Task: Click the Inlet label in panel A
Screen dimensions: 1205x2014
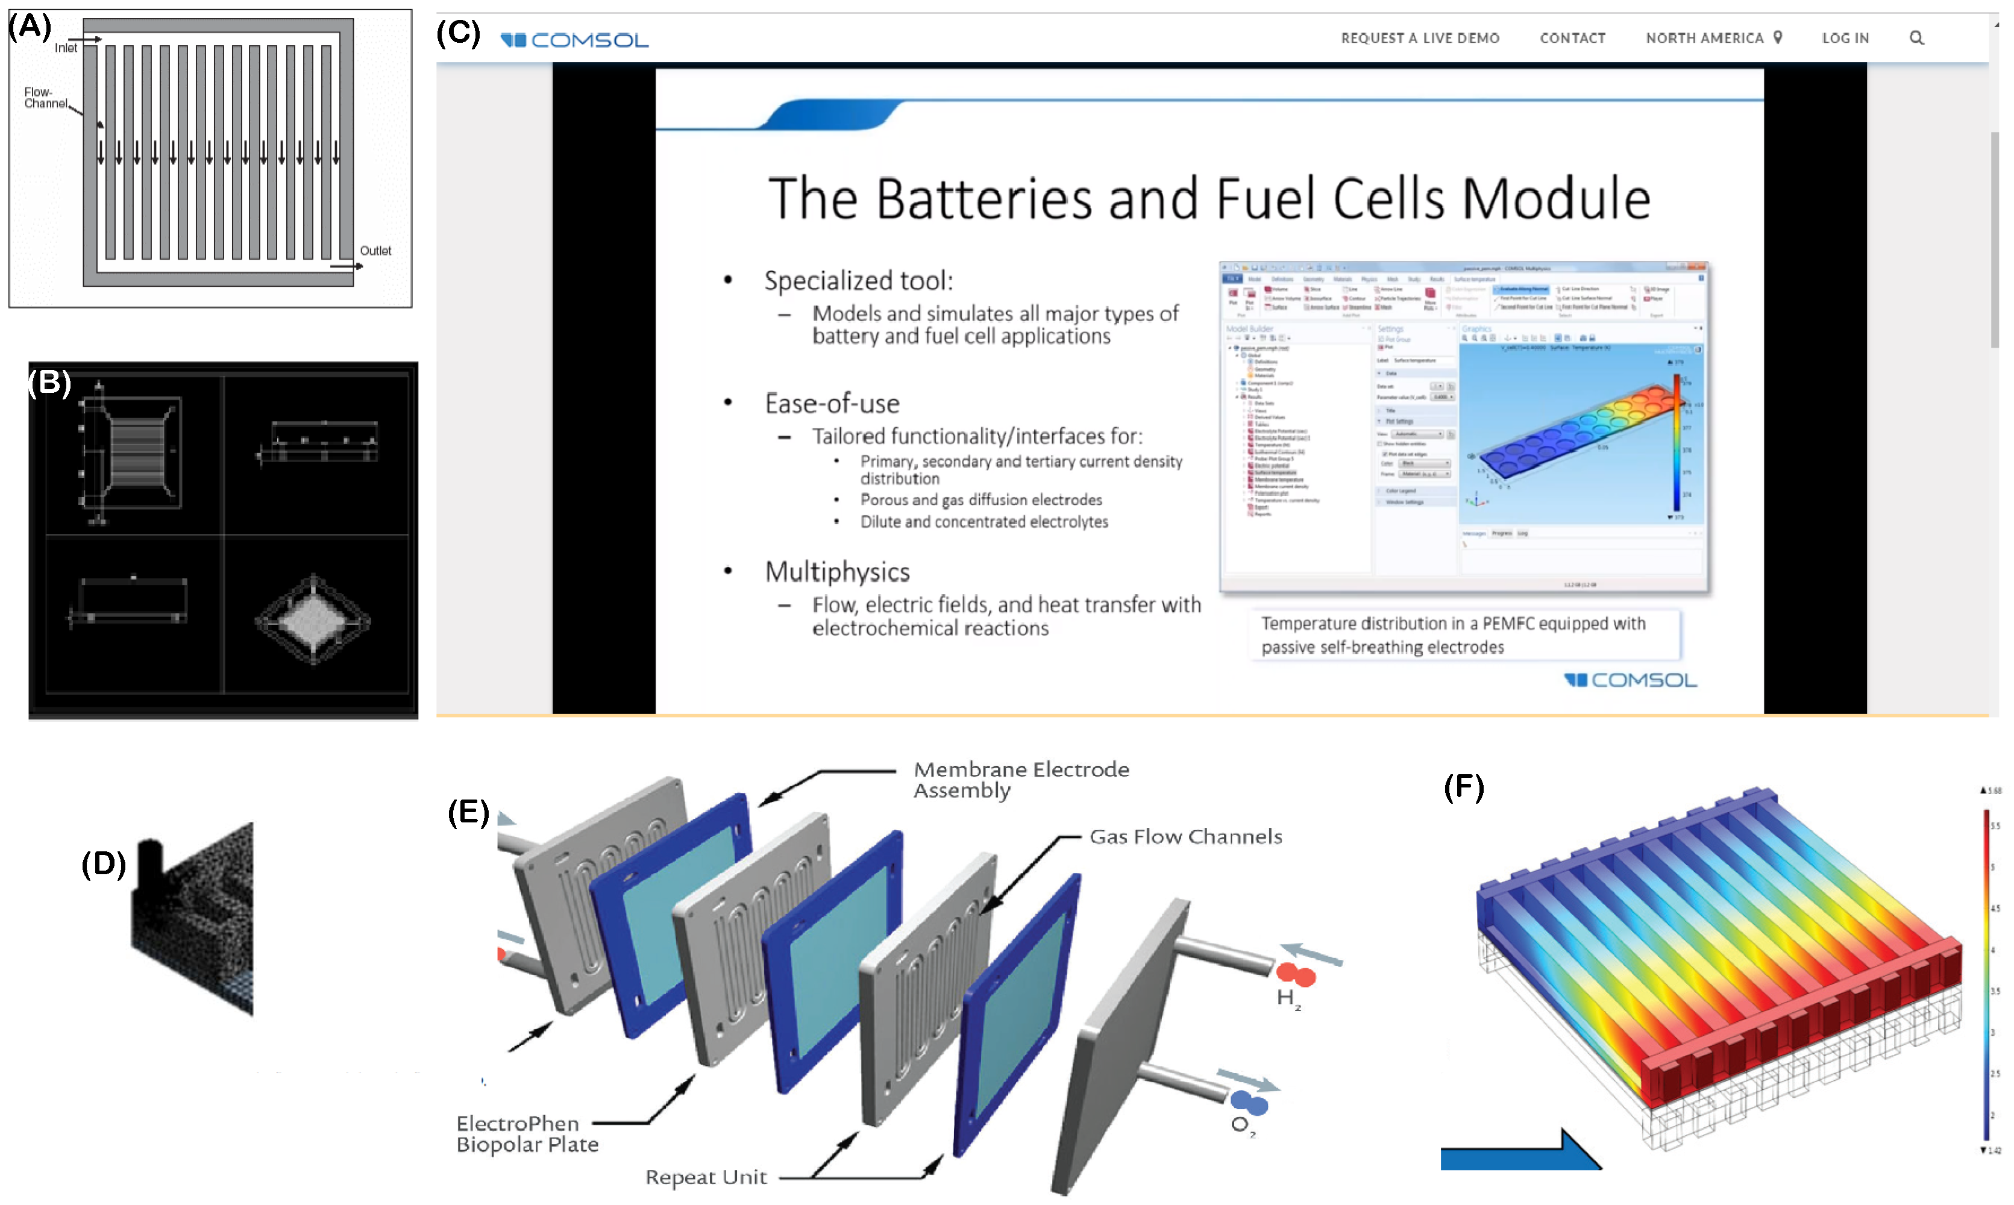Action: point(66,48)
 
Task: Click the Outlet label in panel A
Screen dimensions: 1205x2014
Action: point(375,251)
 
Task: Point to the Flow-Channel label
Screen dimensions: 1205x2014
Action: point(45,98)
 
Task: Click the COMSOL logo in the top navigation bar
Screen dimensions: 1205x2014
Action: point(574,40)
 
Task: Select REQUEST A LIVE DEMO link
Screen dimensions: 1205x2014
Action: point(1420,38)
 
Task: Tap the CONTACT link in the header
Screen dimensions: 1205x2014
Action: point(1572,38)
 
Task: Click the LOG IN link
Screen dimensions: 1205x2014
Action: point(1845,38)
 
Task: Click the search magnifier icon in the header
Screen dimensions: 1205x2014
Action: point(1916,38)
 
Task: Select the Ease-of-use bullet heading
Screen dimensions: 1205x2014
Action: point(832,404)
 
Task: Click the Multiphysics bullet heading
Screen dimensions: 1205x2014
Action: point(836,572)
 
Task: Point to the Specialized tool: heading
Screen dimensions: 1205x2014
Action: point(858,281)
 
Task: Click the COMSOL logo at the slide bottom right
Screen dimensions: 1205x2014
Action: point(1631,680)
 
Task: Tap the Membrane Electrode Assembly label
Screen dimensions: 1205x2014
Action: point(1020,780)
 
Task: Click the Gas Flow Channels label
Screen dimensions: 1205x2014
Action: point(1185,836)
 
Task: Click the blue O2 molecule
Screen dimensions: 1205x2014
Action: point(1249,1103)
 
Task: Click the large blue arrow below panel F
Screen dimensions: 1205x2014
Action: point(1519,1153)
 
